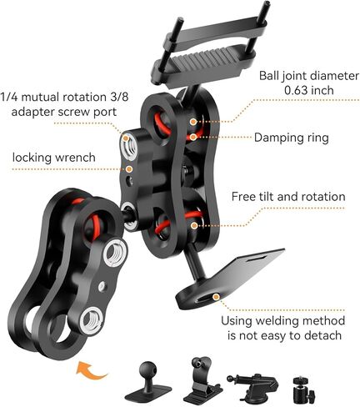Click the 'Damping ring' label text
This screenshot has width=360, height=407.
coord(291,138)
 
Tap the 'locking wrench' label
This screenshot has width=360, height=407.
coord(54,158)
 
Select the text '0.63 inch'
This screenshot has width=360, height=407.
coord(309,90)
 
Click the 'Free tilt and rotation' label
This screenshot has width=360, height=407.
coord(288,197)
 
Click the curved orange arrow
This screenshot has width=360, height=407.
coord(91,370)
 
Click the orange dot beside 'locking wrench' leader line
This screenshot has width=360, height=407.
coord(129,168)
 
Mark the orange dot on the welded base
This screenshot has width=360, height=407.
coord(216,297)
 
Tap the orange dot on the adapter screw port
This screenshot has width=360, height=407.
coord(126,138)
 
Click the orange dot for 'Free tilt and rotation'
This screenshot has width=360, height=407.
coord(194,225)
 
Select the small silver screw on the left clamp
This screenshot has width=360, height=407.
coord(102,286)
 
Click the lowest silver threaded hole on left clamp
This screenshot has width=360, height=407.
coord(92,321)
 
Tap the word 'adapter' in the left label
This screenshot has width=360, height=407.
coord(32,112)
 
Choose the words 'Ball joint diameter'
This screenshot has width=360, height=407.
coord(309,76)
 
